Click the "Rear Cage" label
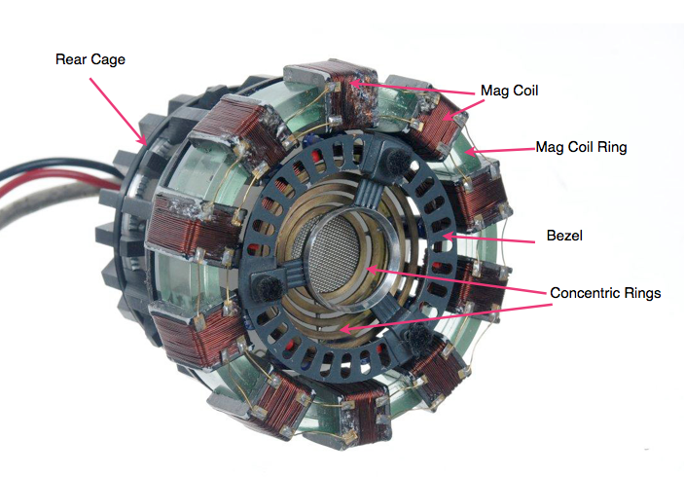[x=90, y=59]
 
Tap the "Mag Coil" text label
[x=509, y=91]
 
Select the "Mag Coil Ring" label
[x=581, y=147]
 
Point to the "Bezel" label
[x=564, y=236]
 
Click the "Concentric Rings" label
[x=605, y=293]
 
